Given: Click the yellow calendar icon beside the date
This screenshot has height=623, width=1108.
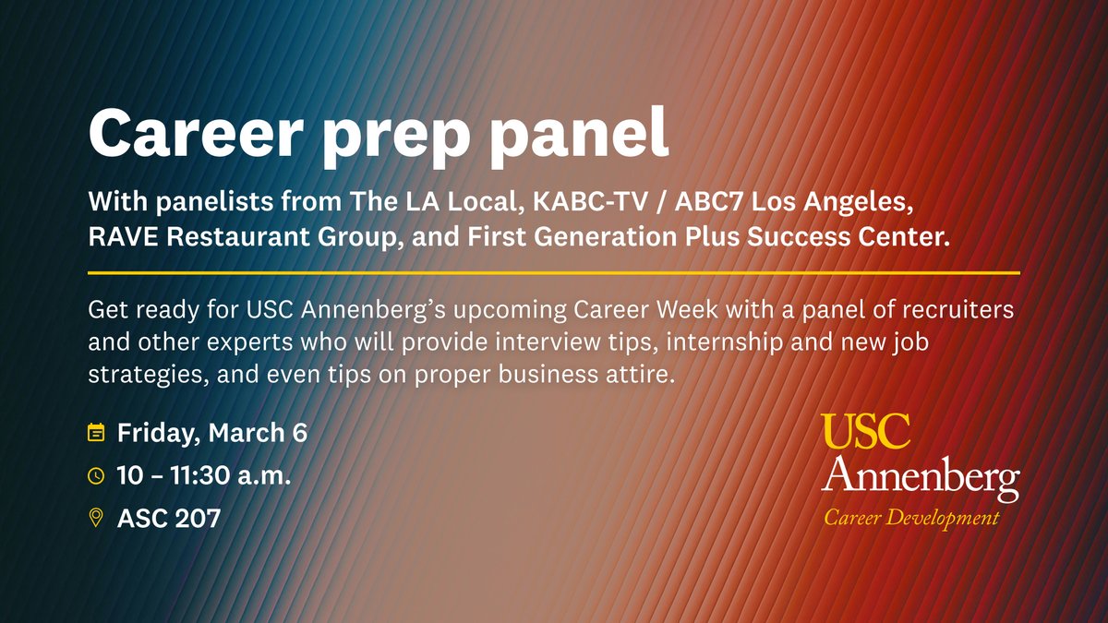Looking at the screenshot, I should pyautogui.click(x=95, y=432).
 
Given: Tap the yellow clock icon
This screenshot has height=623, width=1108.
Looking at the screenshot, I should pyautogui.click(x=95, y=475).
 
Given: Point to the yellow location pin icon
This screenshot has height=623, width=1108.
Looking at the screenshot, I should pyautogui.click(x=95, y=518).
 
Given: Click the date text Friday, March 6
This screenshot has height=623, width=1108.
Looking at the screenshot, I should pyautogui.click(x=211, y=432).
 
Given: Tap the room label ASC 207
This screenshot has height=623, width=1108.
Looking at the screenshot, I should pyautogui.click(x=169, y=518).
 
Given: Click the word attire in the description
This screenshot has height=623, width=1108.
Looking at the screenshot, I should pyautogui.click(x=638, y=376).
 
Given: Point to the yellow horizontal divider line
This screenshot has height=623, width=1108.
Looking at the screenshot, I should pyautogui.click(x=554, y=273).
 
